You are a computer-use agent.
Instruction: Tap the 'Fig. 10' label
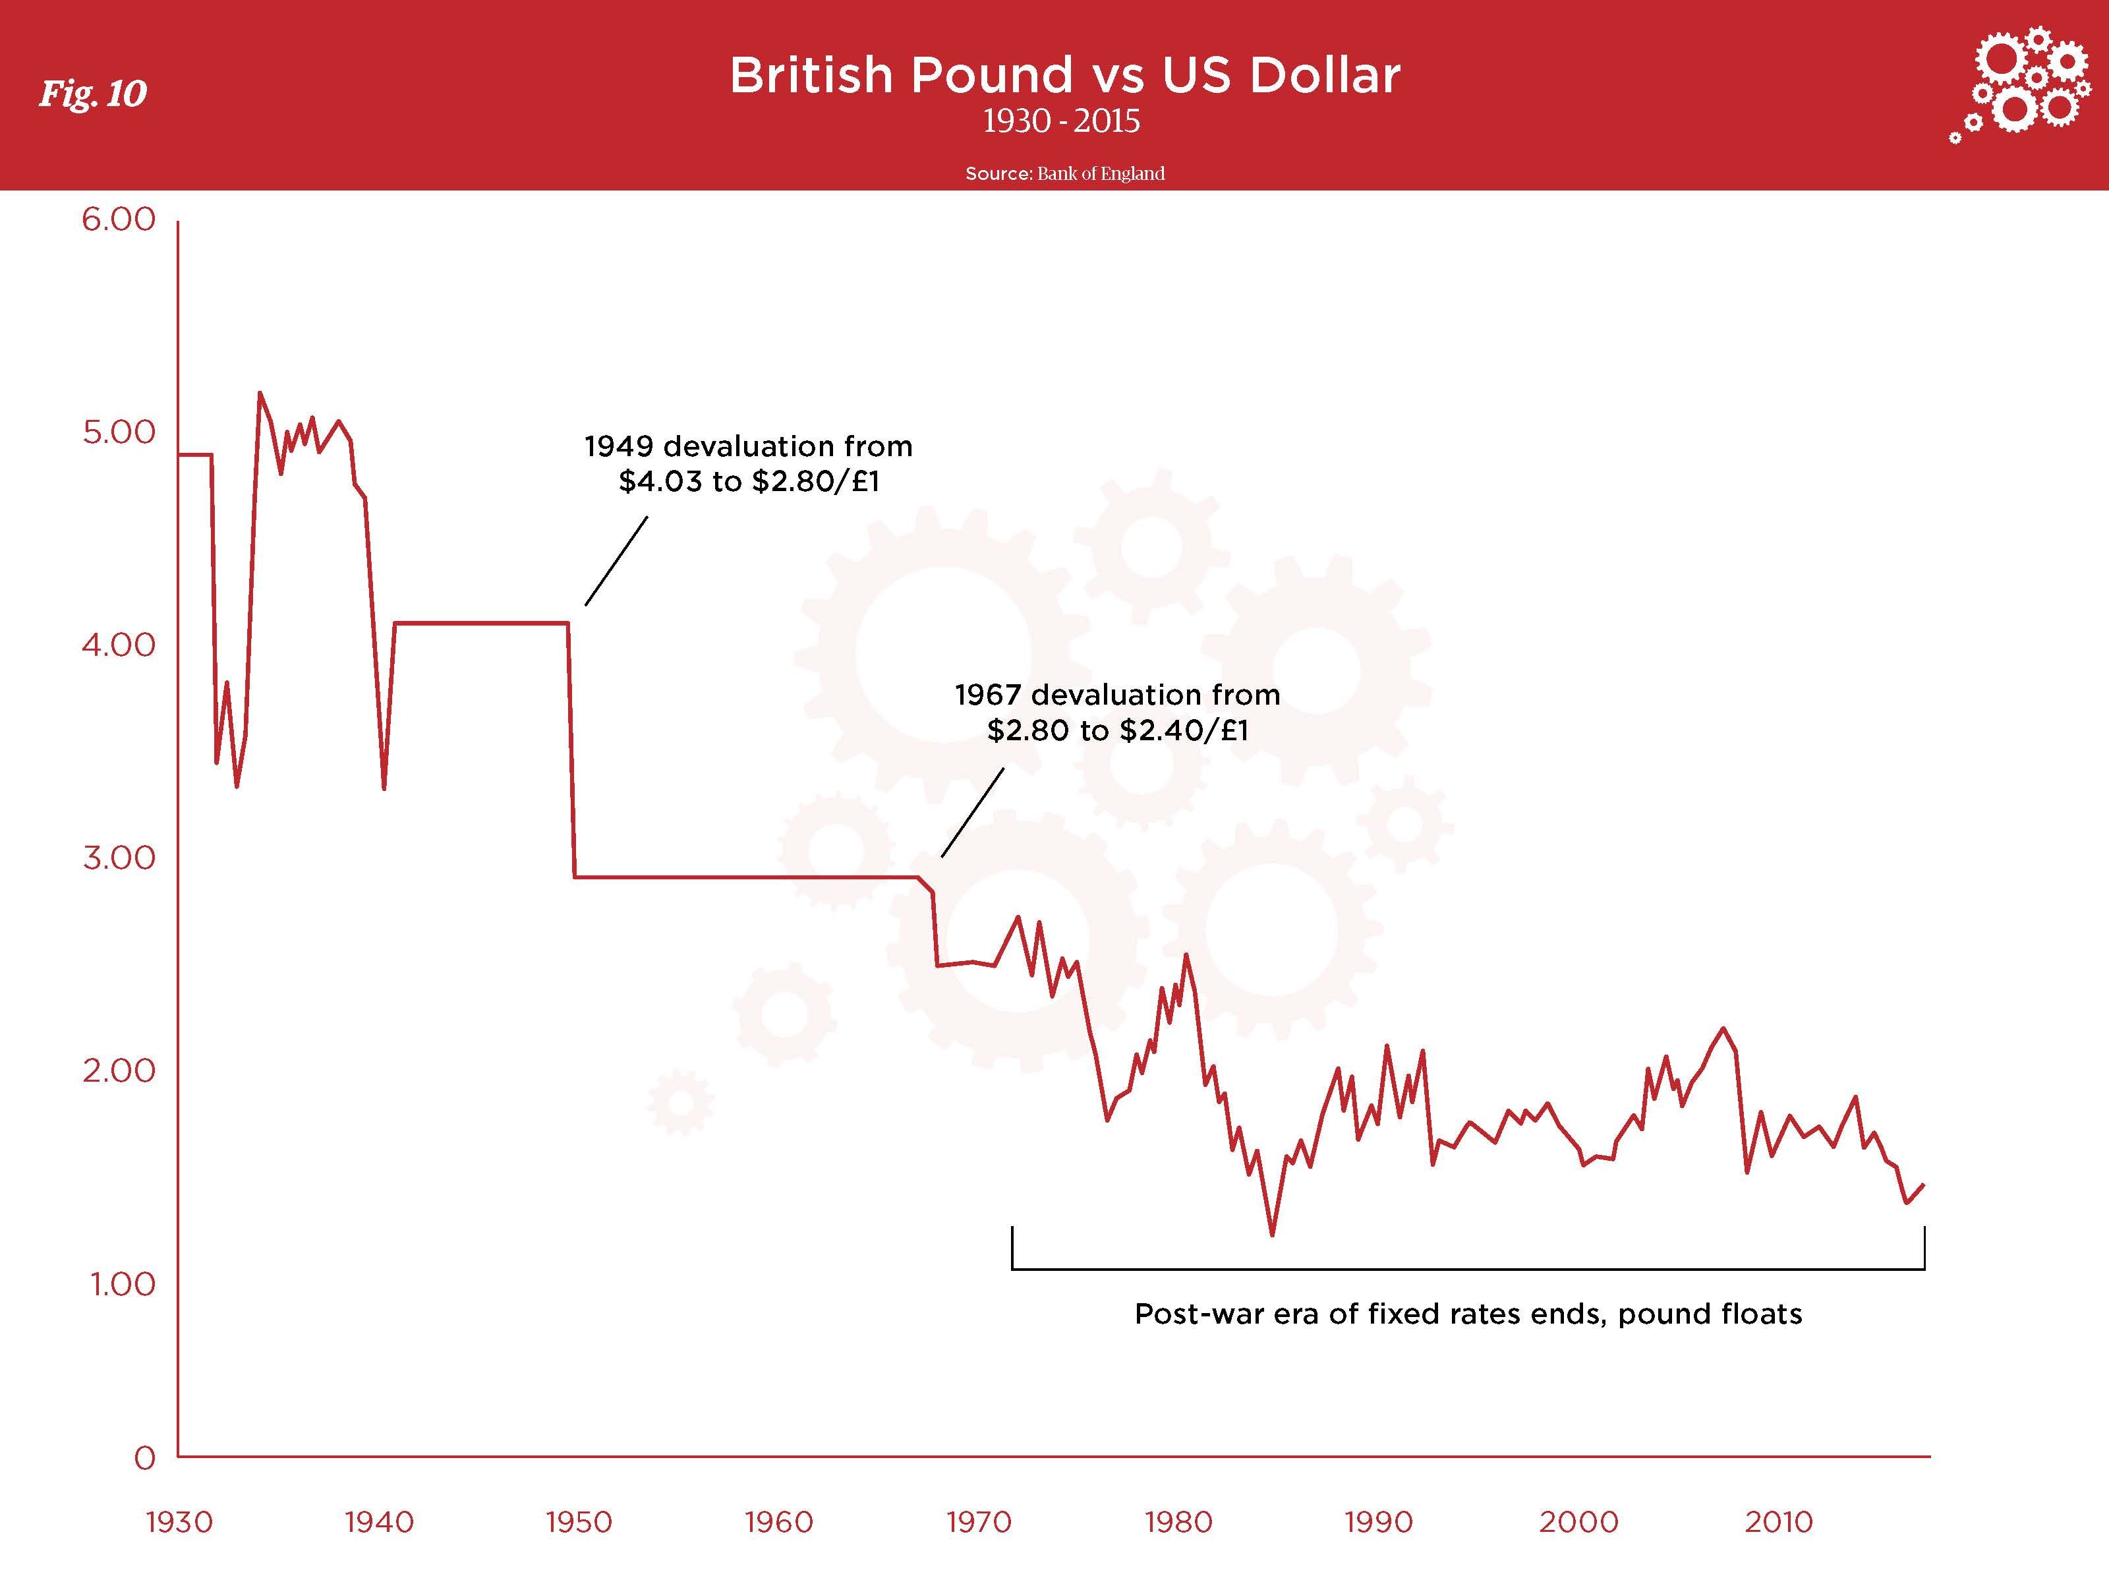[92, 94]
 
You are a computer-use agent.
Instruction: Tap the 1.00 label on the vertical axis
[122, 1283]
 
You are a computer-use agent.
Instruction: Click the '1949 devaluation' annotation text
[749, 463]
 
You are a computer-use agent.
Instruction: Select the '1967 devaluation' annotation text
[1116, 713]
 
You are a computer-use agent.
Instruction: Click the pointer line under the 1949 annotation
[616, 561]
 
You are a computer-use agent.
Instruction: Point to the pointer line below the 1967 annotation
[973, 813]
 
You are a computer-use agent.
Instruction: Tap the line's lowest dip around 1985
[1272, 1235]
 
